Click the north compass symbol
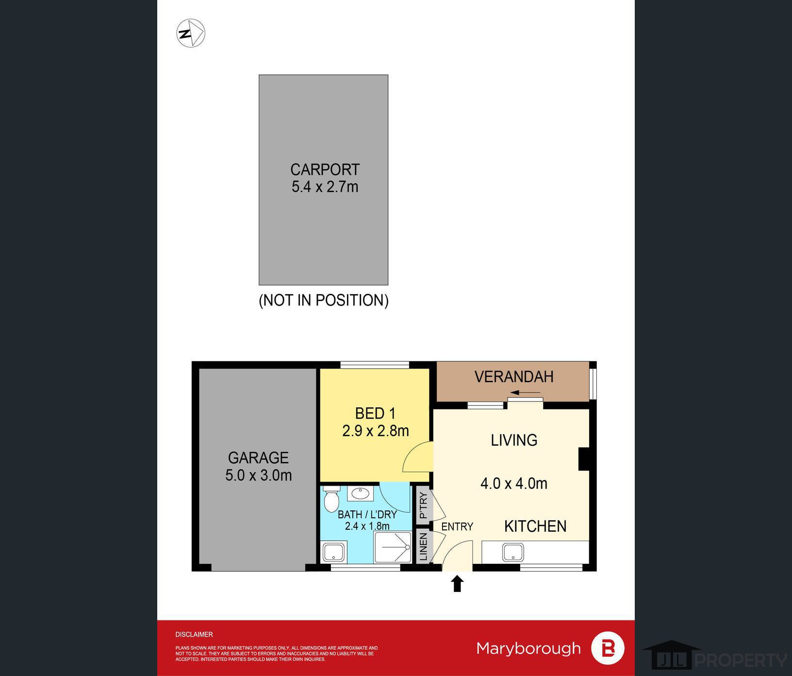[191, 34]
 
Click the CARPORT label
[325, 169]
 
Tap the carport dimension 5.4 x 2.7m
[325, 186]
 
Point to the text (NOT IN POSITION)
[324, 300]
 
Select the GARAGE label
[258, 457]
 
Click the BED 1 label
[375, 413]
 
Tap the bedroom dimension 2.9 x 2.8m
[375, 431]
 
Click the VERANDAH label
[514, 376]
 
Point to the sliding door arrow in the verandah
[526, 392]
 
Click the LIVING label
[514, 440]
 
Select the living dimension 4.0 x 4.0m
[514, 484]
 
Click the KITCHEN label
[535, 526]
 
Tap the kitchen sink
[513, 552]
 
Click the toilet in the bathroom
[331, 497]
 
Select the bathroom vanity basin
[360, 493]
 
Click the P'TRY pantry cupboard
[423, 506]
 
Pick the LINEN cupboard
[423, 546]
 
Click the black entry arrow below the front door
[457, 583]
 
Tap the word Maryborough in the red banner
[528, 648]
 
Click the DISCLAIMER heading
[194, 634]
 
